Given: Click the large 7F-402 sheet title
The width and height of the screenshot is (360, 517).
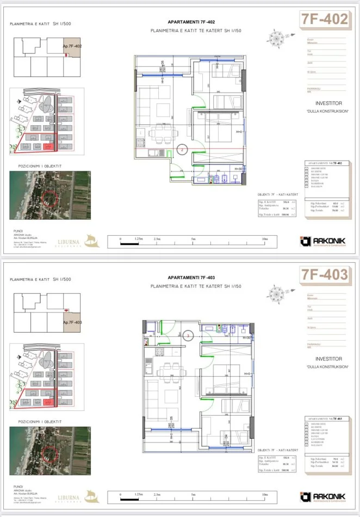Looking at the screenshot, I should coord(324,20).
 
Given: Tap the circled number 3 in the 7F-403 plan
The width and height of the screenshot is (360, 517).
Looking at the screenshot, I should coord(188,336).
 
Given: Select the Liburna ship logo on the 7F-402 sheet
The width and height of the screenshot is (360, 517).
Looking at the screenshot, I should coord(93,241).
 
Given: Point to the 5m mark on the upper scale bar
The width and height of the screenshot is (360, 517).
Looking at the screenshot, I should coord(194,238).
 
